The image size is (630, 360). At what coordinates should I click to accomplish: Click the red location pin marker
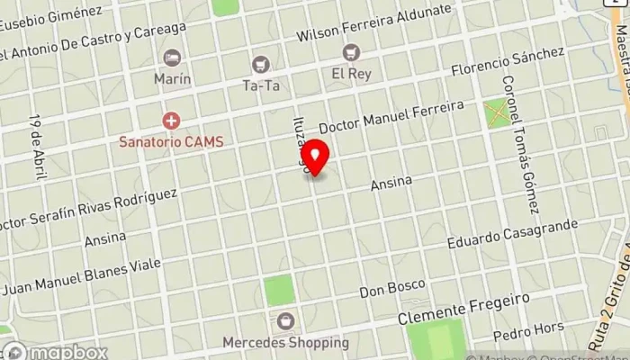314,155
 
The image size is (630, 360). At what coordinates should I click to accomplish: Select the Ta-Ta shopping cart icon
261,64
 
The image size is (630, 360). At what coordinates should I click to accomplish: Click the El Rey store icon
350,53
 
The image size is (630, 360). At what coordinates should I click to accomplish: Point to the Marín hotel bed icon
172,58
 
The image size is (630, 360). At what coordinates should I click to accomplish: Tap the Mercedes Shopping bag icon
285,321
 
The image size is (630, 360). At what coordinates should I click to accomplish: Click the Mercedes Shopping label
285,342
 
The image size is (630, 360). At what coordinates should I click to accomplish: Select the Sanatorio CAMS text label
172,141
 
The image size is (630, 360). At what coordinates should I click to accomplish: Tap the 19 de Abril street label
39,147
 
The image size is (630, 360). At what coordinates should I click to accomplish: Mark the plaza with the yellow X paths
496,113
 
